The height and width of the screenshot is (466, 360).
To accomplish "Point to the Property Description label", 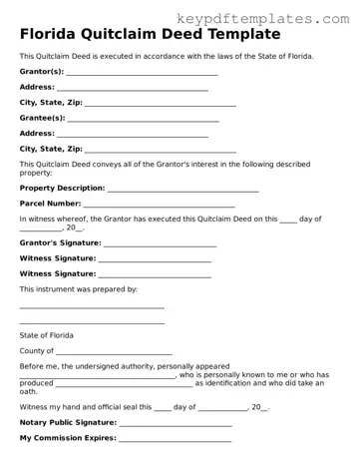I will coord(62,188).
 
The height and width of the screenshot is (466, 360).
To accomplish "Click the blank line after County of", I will coord(114,353).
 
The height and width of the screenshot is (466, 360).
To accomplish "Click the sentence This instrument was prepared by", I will coord(79,288).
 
